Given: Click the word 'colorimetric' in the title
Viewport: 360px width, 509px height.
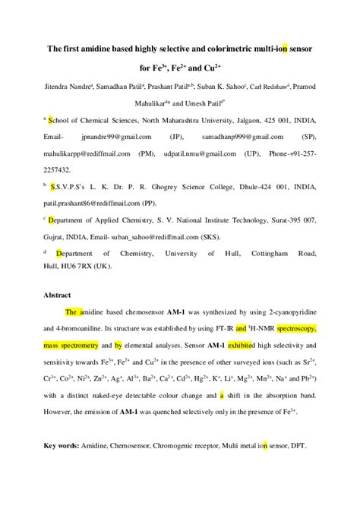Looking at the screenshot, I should (215, 49).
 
